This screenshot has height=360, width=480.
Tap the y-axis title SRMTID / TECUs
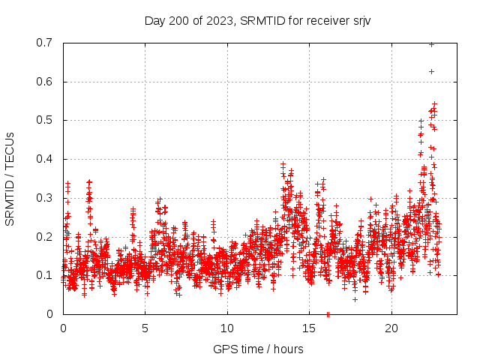(10, 178)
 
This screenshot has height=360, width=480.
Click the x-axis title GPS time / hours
(258, 349)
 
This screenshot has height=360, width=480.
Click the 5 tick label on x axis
(145, 328)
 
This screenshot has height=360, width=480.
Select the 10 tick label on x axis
(227, 328)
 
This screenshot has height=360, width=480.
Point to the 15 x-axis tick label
(309, 328)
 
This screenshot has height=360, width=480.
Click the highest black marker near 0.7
(431, 44)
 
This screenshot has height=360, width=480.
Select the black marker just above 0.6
(431, 71)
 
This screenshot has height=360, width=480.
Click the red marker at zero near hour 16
(328, 313)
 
